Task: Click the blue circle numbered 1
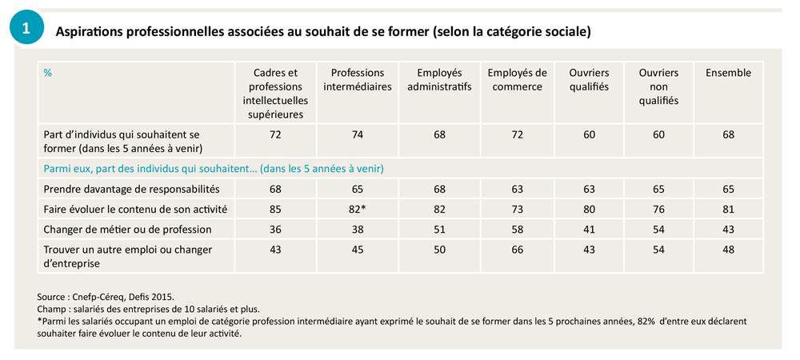pyautogui.click(x=26, y=29)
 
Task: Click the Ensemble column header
pyautogui.click(x=728, y=73)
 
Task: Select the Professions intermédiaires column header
pyautogui.click(x=357, y=79)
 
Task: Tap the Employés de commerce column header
pyautogui.click(x=517, y=79)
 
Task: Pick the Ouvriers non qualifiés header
pyautogui.click(x=658, y=86)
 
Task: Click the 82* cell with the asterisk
pyautogui.click(x=358, y=210)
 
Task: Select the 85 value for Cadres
pyautogui.click(x=275, y=210)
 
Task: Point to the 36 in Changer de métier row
pyautogui.click(x=275, y=230)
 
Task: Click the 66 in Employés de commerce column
pyautogui.click(x=517, y=250)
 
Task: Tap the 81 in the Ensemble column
pyautogui.click(x=728, y=210)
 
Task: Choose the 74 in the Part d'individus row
pyautogui.click(x=357, y=134)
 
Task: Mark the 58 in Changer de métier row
pyautogui.click(x=517, y=230)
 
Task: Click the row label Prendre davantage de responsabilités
pyautogui.click(x=130, y=190)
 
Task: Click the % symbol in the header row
pyautogui.click(x=48, y=73)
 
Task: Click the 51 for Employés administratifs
pyautogui.click(x=439, y=230)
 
